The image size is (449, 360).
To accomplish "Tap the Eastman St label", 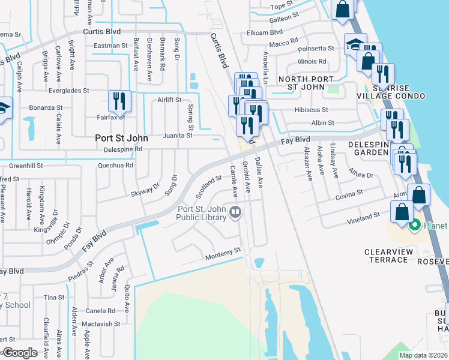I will tap(111, 46).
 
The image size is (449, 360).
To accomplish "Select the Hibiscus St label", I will tap(311, 110).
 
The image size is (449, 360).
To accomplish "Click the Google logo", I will tap(20, 353).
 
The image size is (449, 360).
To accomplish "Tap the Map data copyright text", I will tap(424, 355).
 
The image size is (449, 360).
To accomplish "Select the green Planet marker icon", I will tap(414, 226).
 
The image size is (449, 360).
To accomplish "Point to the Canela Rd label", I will tap(100, 311).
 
